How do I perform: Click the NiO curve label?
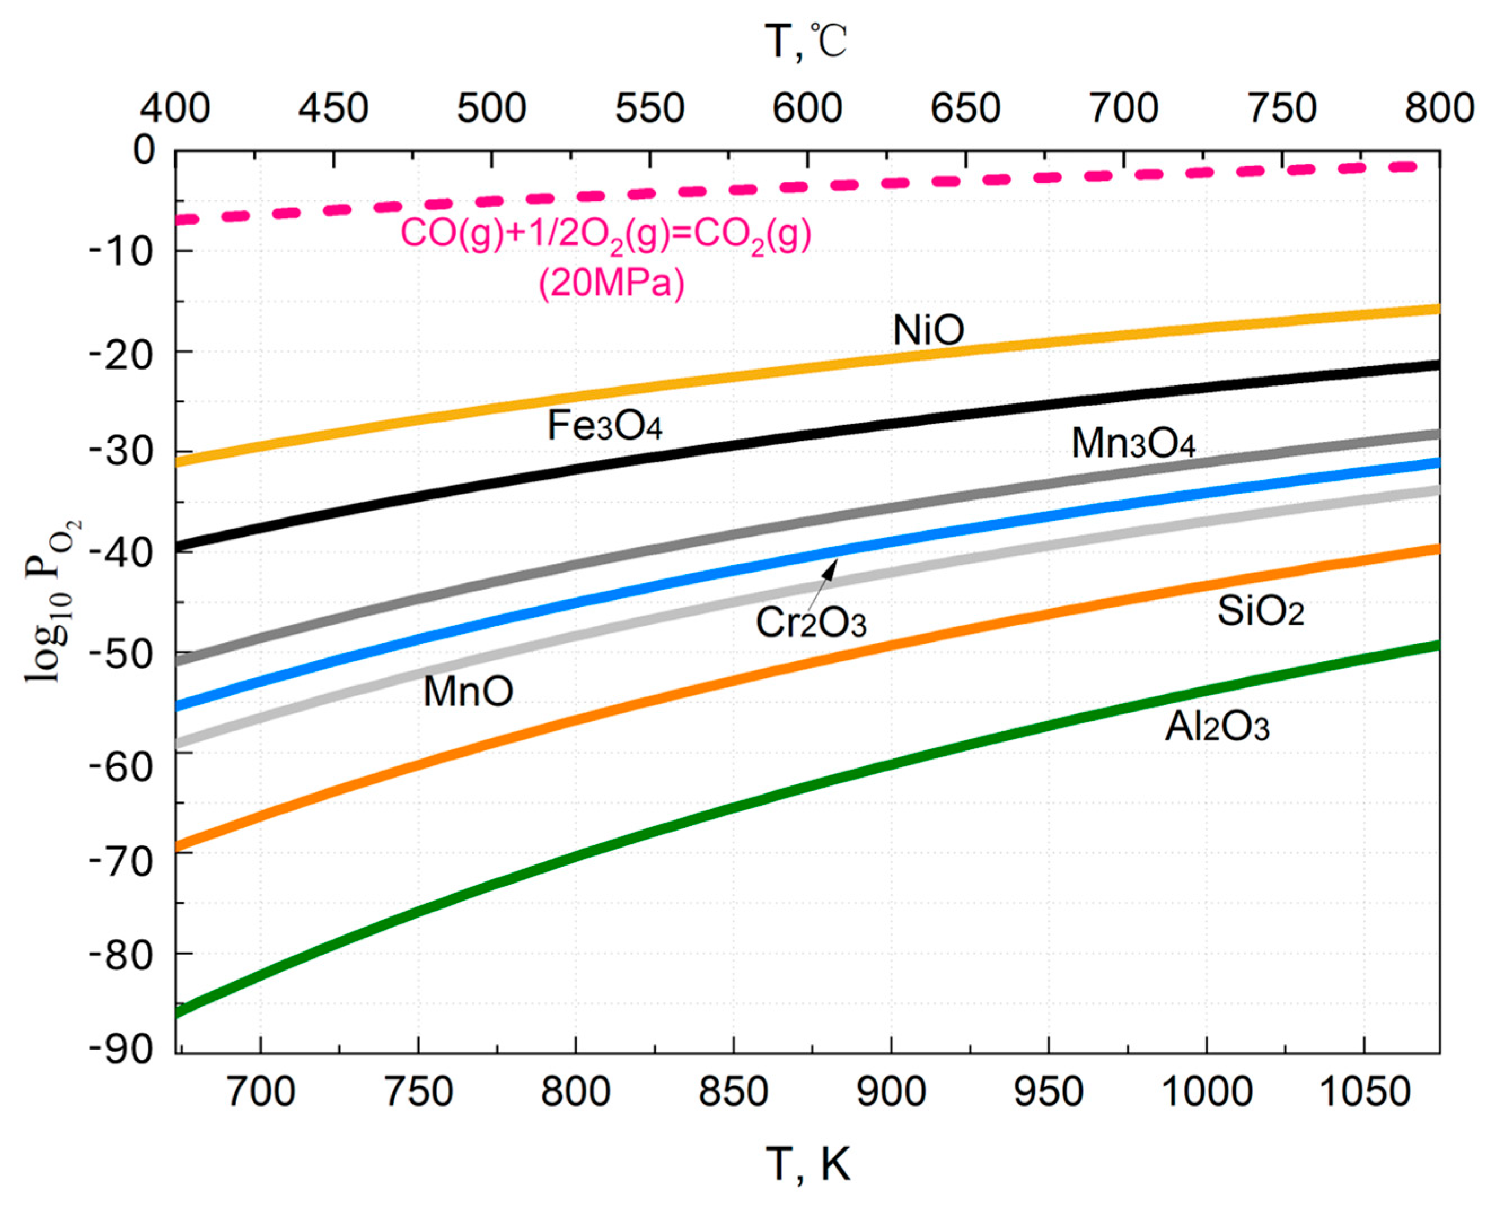(928, 331)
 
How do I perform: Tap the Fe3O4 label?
(605, 426)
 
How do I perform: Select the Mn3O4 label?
(1133, 444)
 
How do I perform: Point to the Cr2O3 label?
(811, 623)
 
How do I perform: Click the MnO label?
(468, 692)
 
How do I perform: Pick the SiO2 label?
(1260, 613)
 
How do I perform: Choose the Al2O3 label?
(1217, 728)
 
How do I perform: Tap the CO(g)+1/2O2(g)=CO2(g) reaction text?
(606, 235)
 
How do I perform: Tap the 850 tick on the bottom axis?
(733, 1092)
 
